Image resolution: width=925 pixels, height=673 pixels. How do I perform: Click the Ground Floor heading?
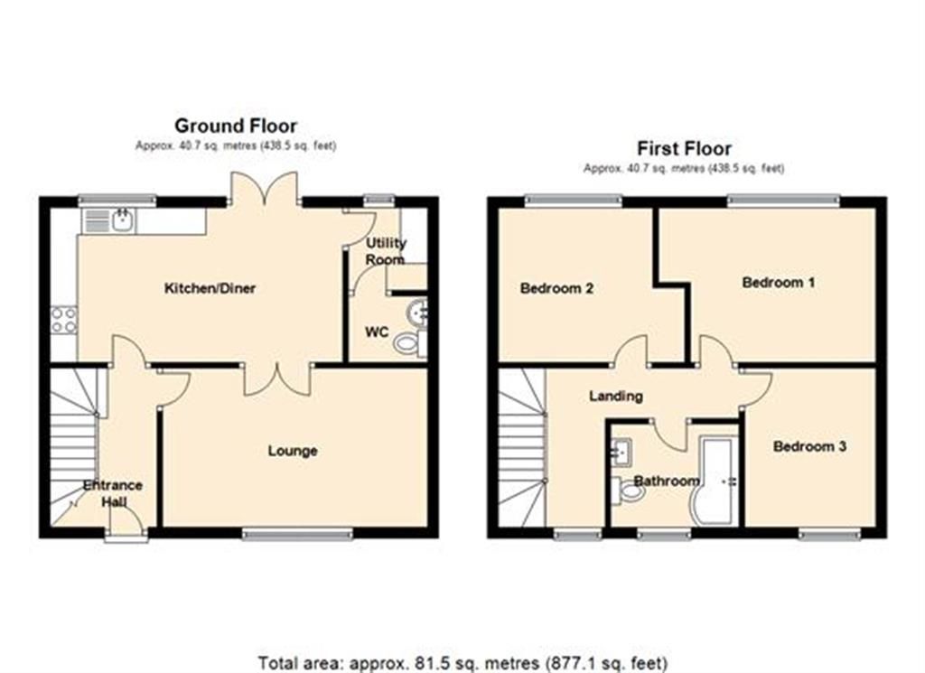click(235, 126)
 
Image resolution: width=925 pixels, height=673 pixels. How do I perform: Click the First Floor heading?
click(684, 148)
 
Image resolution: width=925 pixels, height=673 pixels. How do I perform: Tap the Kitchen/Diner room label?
click(210, 289)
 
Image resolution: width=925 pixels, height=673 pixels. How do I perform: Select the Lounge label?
click(293, 450)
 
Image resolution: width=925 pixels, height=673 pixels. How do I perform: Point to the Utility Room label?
click(386, 251)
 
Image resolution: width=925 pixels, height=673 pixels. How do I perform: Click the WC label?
click(377, 332)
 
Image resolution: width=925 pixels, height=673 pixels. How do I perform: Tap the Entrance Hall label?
click(113, 493)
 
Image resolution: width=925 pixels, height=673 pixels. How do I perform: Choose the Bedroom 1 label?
click(779, 283)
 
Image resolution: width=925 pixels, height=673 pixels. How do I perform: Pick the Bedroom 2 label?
click(556, 289)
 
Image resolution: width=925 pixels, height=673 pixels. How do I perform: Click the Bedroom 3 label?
click(809, 446)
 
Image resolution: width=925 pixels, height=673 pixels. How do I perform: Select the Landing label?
click(615, 396)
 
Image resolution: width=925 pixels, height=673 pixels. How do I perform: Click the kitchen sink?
click(121, 220)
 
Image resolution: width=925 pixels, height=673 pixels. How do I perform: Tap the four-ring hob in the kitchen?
click(63, 319)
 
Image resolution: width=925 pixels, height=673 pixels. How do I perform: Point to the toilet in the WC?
click(410, 343)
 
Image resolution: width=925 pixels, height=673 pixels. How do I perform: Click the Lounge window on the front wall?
click(297, 535)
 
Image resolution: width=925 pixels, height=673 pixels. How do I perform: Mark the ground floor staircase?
click(72, 447)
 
